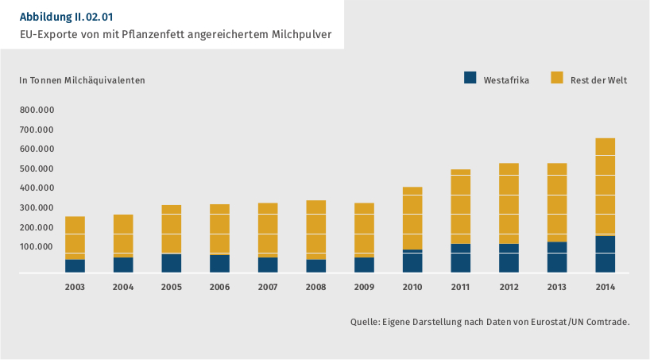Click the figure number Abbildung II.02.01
tap(72, 16)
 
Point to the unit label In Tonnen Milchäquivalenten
tap(82, 79)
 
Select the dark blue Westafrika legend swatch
tap(470, 78)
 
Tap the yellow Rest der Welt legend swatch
tap(556, 78)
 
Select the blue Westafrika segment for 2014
tap(605, 254)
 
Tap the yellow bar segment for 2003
tap(75, 238)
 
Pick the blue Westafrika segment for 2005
tap(171, 263)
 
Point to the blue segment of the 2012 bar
tap(509, 258)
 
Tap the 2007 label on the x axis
tap(268, 286)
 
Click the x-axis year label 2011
tap(460, 286)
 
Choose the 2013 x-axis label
tap(556, 286)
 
